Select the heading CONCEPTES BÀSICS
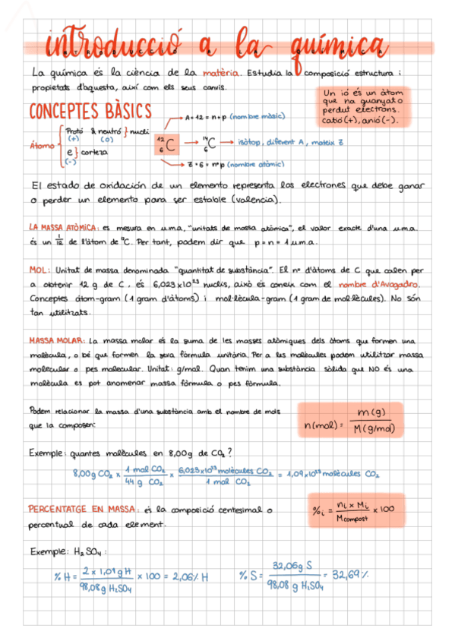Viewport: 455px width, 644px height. [x=90, y=112]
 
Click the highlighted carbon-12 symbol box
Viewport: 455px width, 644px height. [x=168, y=143]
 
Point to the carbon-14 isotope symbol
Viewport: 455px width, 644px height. [x=209, y=142]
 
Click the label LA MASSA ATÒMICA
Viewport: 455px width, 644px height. [x=62, y=226]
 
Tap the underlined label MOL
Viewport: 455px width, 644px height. [x=39, y=269]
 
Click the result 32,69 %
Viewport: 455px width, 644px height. [x=350, y=574]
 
